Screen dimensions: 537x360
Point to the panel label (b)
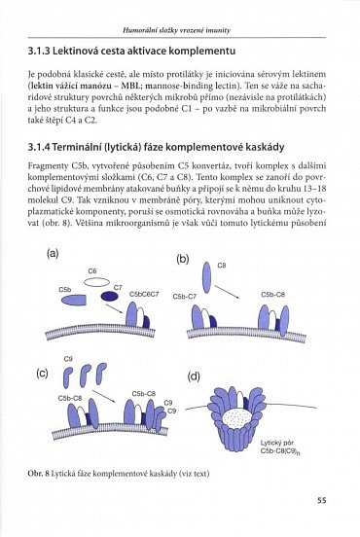pyautogui.click(x=182, y=259)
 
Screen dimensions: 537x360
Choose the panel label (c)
pyautogui.click(x=42, y=373)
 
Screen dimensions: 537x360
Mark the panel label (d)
pyautogui.click(x=194, y=376)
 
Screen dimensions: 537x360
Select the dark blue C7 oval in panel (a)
pyautogui.click(x=117, y=300)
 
